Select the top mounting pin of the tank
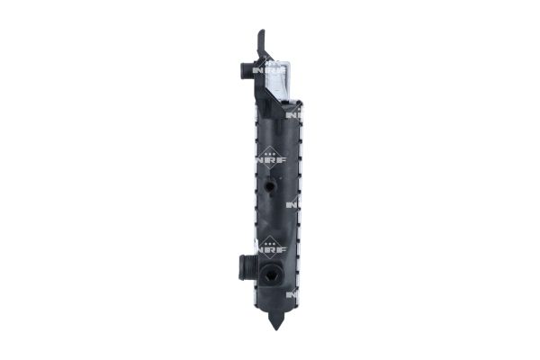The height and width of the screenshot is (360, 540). click(262, 40)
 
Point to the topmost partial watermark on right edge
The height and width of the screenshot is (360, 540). click(292, 114)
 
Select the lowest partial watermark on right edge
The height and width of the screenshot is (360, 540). click(292, 295)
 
